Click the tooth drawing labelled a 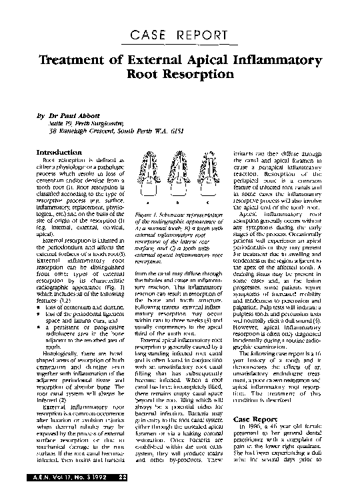pos(143,176)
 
